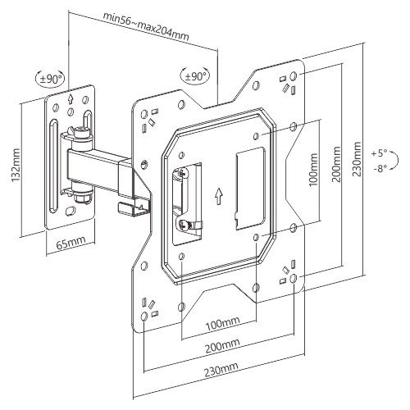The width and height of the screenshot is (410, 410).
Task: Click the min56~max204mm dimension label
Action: point(146,26)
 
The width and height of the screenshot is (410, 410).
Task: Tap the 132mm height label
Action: point(16,166)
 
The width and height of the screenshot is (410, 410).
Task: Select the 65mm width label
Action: point(71,242)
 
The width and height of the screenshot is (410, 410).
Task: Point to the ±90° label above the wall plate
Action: point(52,80)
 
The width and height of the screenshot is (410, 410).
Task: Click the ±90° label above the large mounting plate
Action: point(196,75)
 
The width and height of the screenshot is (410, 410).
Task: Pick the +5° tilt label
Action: point(379,153)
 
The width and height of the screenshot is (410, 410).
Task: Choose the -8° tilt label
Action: point(380,169)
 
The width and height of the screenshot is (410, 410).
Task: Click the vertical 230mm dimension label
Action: point(358,159)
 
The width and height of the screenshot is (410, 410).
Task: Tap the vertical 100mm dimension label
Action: point(313,170)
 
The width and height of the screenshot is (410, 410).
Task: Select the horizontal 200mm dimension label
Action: point(222,347)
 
